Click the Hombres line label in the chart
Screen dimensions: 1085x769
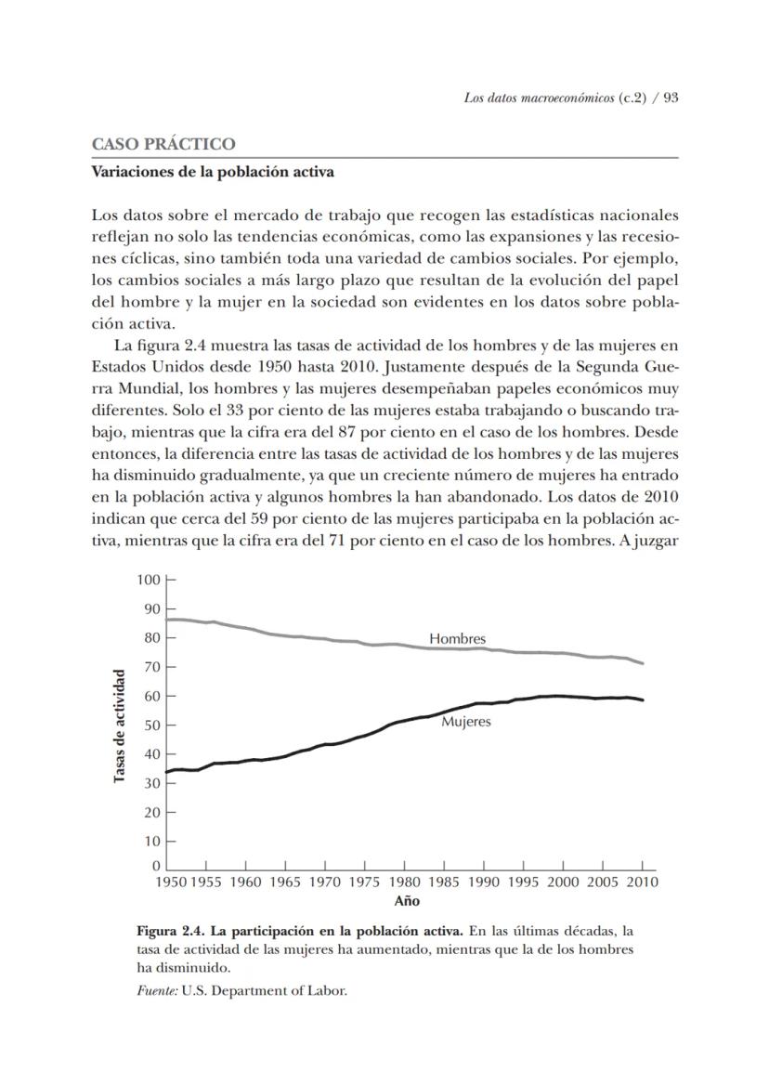457,639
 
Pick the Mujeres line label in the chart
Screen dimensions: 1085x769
465,721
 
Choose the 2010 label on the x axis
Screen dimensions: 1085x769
641,883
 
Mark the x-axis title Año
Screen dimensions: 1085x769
407,901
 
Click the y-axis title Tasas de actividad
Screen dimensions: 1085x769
120,725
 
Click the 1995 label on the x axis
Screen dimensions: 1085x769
523,883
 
